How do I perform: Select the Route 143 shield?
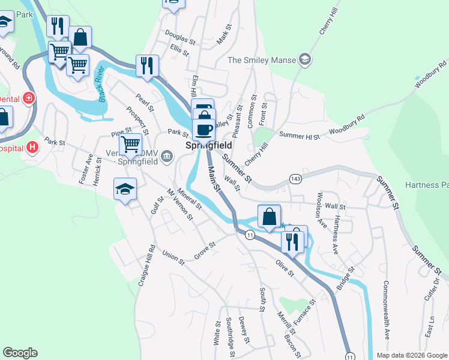coord(295,179)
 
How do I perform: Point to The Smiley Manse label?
coord(262,60)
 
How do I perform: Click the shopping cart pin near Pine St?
coord(131,144)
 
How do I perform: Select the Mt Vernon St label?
coord(184,205)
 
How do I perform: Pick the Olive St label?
coord(284,268)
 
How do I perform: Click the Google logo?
coord(20,353)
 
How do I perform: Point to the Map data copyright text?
coord(411,355)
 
